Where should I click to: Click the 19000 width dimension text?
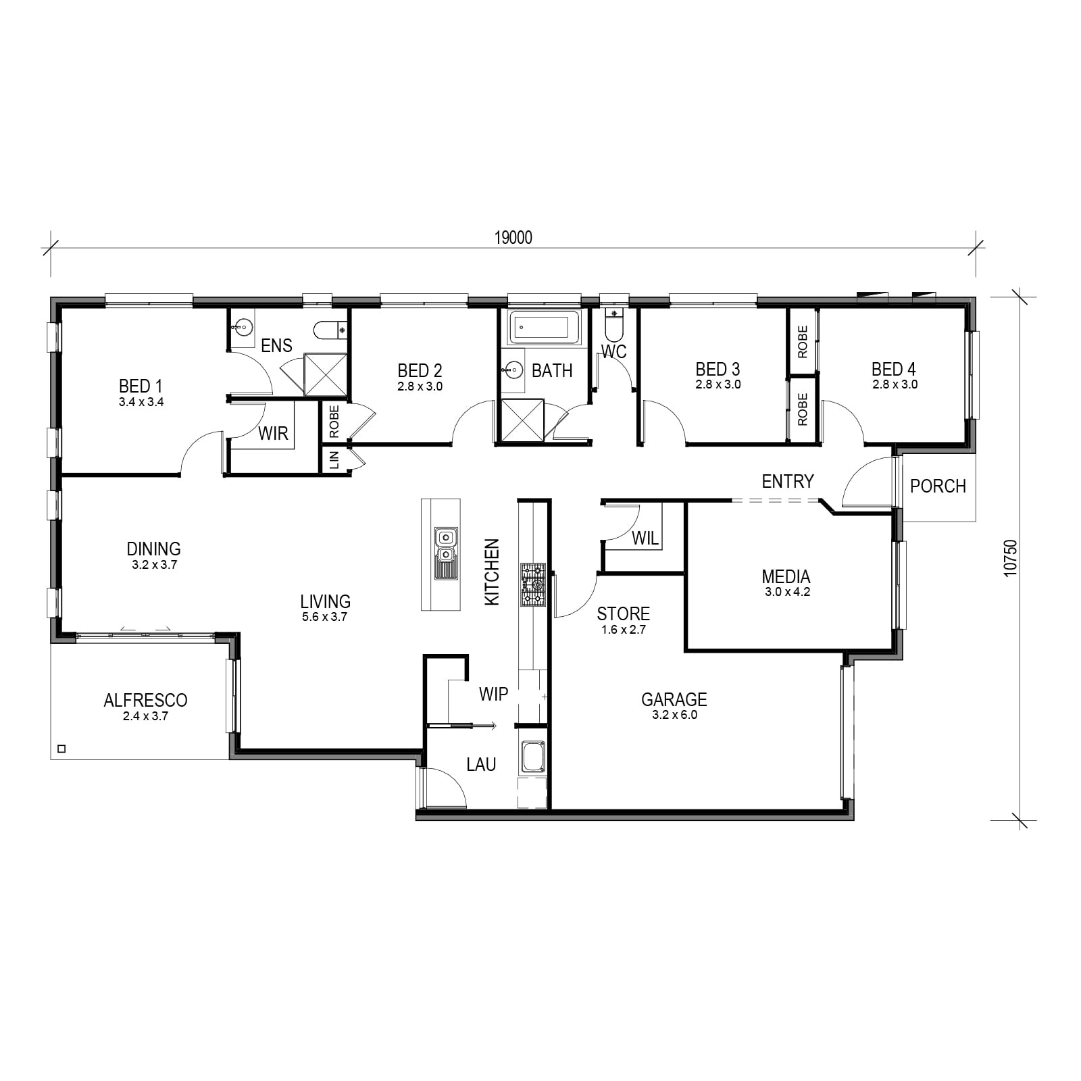pos(513,238)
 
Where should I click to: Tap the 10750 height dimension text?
pos(1010,558)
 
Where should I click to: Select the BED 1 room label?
pos(141,386)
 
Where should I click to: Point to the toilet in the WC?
pos(613,324)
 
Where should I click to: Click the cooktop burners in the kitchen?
pos(532,584)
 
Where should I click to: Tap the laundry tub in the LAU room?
pos(532,757)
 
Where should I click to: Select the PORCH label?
pos(938,486)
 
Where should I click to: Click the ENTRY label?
pos(788,481)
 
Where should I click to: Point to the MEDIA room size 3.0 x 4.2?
pos(787,592)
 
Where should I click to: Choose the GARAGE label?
pos(674,699)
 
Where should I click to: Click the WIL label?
pos(645,538)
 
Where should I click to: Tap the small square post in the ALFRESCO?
pos(62,749)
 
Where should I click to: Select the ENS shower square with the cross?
pos(326,374)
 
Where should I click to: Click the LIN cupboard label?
pos(334,461)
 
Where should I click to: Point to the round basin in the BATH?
pos(513,370)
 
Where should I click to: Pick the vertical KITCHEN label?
pos(492,572)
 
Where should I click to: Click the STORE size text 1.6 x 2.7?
pos(624,630)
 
